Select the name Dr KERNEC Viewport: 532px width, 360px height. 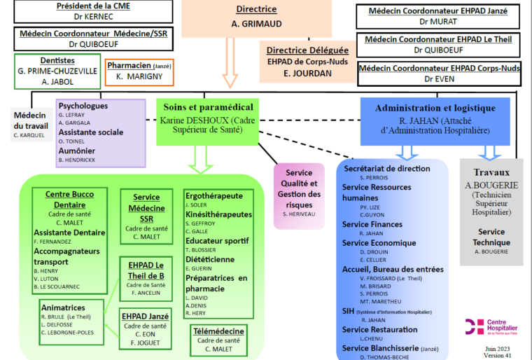93,17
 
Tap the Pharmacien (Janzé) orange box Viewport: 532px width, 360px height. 139,72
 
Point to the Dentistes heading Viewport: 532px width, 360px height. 57,60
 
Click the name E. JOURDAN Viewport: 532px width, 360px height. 308,74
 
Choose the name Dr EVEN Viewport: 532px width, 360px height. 440,79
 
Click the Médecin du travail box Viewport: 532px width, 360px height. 31,125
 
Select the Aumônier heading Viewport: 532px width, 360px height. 77,151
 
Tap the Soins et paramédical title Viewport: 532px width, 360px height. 209,107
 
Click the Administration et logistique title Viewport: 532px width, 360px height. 435,109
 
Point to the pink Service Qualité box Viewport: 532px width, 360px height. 299,196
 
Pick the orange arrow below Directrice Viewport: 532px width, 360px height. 230,62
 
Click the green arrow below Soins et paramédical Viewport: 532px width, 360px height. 200,160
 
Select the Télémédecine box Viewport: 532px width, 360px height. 218,340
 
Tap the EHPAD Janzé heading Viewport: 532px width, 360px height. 145,316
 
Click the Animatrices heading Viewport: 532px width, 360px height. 63,307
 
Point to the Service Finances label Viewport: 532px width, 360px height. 372,225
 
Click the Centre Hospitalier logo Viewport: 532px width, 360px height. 491,326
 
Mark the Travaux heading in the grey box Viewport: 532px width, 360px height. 491,172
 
